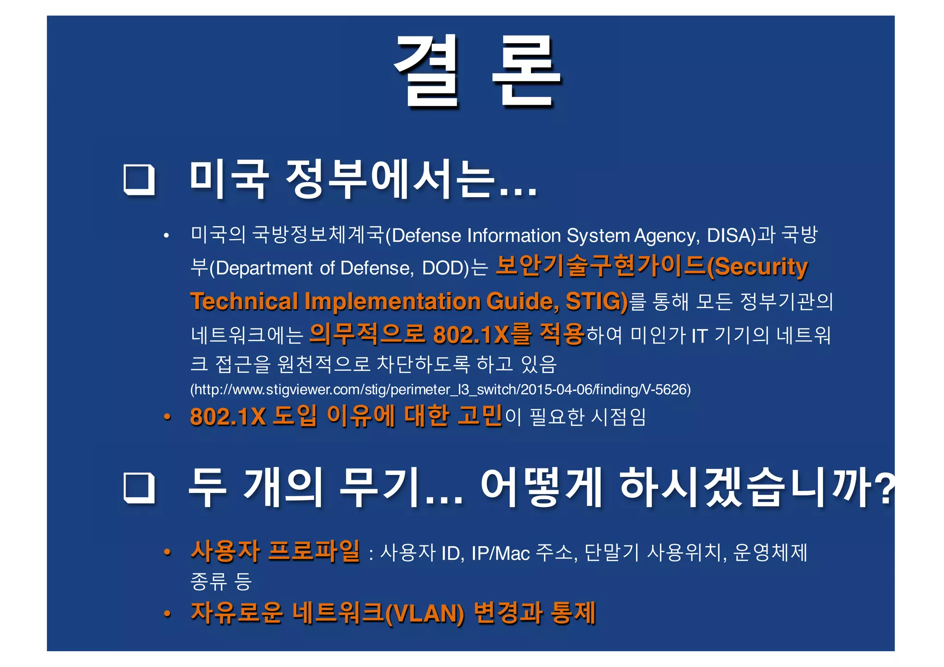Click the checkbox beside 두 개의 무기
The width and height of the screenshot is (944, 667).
click(139, 488)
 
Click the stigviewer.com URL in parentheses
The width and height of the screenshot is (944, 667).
click(440, 390)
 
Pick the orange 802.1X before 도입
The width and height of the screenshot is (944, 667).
click(228, 416)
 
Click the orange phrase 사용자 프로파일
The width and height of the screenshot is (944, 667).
click(275, 551)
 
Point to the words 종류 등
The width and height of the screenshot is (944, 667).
click(221, 581)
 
